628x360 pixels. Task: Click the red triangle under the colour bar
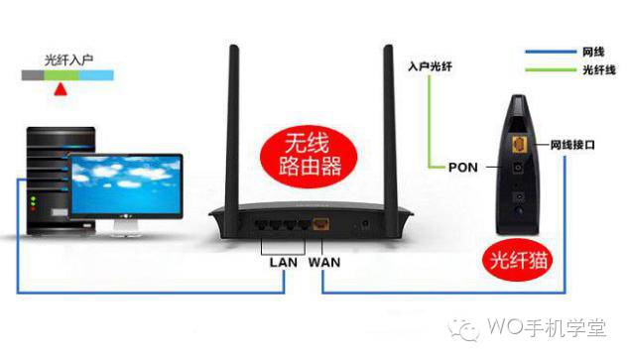coord(61,89)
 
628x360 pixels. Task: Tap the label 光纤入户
coord(68,60)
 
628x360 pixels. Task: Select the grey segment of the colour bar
coord(33,75)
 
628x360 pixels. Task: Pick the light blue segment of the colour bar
coord(96,75)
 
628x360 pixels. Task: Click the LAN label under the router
coord(284,262)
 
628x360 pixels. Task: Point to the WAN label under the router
coord(324,262)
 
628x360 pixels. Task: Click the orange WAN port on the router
coord(320,224)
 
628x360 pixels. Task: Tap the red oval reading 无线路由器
coord(309,156)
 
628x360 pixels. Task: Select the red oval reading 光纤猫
coord(518,260)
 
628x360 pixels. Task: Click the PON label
coord(463,168)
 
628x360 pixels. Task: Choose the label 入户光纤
coord(431,66)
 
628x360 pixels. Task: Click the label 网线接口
coord(572,145)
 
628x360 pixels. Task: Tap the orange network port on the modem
coord(519,144)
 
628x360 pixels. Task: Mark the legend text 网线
coord(593,52)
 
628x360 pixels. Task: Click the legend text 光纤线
coord(599,70)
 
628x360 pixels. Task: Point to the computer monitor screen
coord(126,185)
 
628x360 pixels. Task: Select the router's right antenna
coord(388,132)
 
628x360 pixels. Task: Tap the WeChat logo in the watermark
coord(464,329)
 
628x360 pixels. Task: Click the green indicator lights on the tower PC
coord(34,201)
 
